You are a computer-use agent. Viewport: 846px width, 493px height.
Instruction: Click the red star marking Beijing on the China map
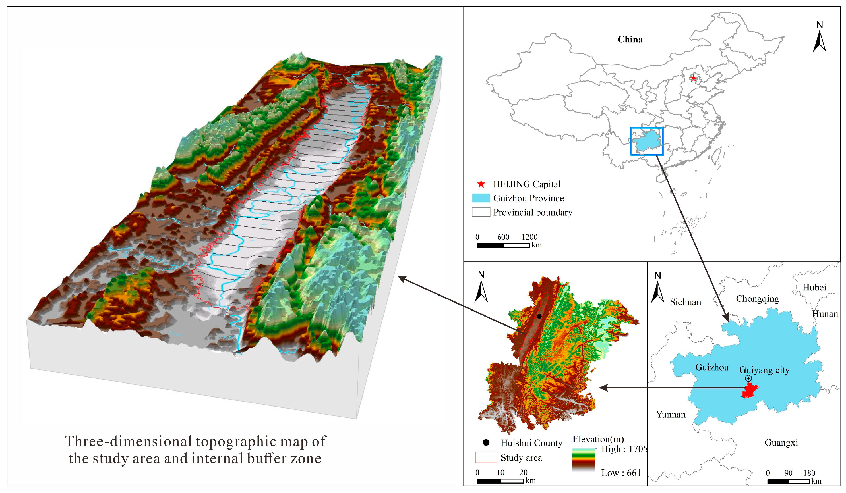[x=693, y=78]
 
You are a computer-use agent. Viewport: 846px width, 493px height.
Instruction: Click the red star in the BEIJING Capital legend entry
[x=481, y=184]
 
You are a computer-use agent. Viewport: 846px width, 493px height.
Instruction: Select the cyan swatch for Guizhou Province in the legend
[x=481, y=198]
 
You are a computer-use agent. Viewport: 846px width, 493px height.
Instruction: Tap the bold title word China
[x=630, y=39]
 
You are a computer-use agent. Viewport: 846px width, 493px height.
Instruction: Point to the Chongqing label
[x=757, y=299]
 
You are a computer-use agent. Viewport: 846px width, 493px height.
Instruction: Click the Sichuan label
[x=685, y=302]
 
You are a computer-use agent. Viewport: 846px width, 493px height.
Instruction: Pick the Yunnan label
[x=671, y=415]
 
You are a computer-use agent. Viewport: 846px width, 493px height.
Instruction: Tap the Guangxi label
[x=781, y=443]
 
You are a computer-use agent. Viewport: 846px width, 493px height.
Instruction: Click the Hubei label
[x=814, y=287]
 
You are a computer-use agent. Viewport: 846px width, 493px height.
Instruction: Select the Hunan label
[x=825, y=314]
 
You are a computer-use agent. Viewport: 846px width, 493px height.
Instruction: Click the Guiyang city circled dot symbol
[x=748, y=378]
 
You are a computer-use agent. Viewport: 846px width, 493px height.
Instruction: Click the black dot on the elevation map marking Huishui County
[x=539, y=316]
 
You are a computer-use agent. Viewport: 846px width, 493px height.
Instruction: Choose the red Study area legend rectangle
[x=486, y=457]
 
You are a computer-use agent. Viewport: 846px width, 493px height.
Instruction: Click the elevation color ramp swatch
[x=584, y=460]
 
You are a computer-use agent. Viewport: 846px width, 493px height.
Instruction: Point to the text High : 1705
[x=624, y=449]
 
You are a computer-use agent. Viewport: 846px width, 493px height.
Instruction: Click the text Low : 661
[x=621, y=473]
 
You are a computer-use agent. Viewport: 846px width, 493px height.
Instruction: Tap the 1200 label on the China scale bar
[x=529, y=237]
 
